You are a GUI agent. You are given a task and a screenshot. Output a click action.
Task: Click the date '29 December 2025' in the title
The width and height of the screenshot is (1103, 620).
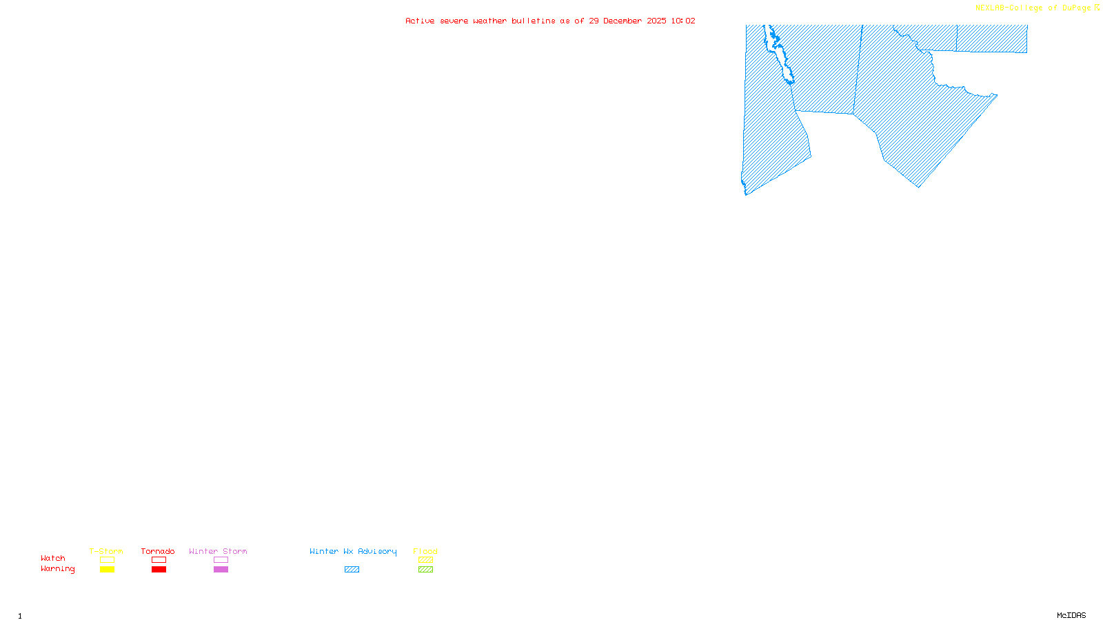(x=627, y=21)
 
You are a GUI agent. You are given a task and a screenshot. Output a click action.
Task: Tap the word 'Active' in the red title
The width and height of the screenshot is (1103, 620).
(x=420, y=21)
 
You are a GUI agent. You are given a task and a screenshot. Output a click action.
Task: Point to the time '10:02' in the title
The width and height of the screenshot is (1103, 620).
(x=682, y=21)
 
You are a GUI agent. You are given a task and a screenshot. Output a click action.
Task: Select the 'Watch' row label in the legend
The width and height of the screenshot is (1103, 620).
(x=53, y=559)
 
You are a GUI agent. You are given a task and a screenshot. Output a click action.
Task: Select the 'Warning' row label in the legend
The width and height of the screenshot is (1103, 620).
(x=57, y=569)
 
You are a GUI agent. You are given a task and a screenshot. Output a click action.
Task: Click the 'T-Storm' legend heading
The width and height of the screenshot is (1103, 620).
(x=106, y=551)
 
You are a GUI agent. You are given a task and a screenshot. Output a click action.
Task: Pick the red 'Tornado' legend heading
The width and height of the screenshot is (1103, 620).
(x=158, y=551)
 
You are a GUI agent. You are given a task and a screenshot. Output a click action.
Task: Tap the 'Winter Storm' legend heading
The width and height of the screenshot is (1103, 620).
(x=218, y=551)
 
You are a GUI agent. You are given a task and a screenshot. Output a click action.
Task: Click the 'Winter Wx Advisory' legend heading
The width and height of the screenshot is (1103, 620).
(x=353, y=551)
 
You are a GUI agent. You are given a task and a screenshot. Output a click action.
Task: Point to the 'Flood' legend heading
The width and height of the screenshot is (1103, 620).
(x=425, y=551)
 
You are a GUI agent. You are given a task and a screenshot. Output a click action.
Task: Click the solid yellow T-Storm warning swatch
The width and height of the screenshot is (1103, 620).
(x=107, y=570)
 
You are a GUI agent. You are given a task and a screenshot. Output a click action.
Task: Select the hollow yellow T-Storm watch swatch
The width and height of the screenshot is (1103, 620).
(x=107, y=560)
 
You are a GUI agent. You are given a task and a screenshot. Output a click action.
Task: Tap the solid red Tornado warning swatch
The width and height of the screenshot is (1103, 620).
(x=159, y=570)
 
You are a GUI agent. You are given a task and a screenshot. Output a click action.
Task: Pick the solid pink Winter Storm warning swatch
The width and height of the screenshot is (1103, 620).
(x=221, y=570)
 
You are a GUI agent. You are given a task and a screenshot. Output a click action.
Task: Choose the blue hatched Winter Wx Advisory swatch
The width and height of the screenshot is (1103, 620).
(x=352, y=570)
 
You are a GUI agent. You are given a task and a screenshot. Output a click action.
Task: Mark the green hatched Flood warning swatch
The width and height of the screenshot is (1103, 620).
(x=425, y=570)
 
